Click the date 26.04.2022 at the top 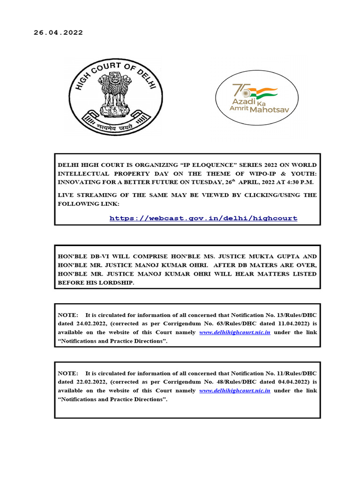(x=58, y=33)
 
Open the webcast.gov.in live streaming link (x=203, y=218)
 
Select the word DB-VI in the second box (x=102, y=256)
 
